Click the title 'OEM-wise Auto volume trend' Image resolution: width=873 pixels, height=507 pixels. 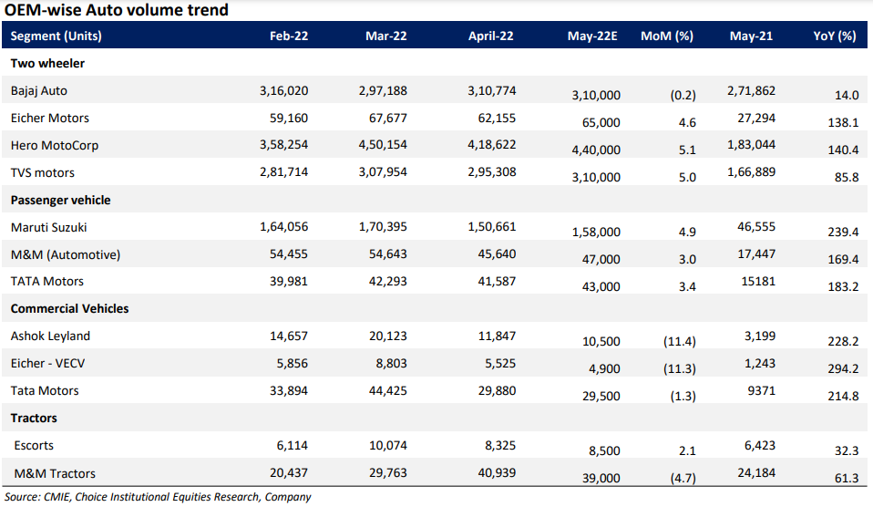pos(117,11)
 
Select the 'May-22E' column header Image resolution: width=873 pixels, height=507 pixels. pos(592,36)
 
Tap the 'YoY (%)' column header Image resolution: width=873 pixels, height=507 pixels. pos(834,36)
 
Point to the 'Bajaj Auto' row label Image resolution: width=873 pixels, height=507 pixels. pos(39,91)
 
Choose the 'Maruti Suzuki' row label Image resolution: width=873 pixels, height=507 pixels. pos(49,227)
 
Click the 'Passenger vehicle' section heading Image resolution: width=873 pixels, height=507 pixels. pos(61,200)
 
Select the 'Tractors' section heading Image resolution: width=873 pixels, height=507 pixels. pos(34,418)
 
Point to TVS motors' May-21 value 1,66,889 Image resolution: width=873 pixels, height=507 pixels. pos(750,173)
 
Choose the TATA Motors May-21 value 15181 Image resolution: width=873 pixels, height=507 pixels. pos(757,282)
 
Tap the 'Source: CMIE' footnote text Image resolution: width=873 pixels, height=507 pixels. pos(158,497)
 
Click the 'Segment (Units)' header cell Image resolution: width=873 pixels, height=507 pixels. pos(56,36)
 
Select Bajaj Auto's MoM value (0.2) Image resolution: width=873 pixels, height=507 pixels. pos(675,95)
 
